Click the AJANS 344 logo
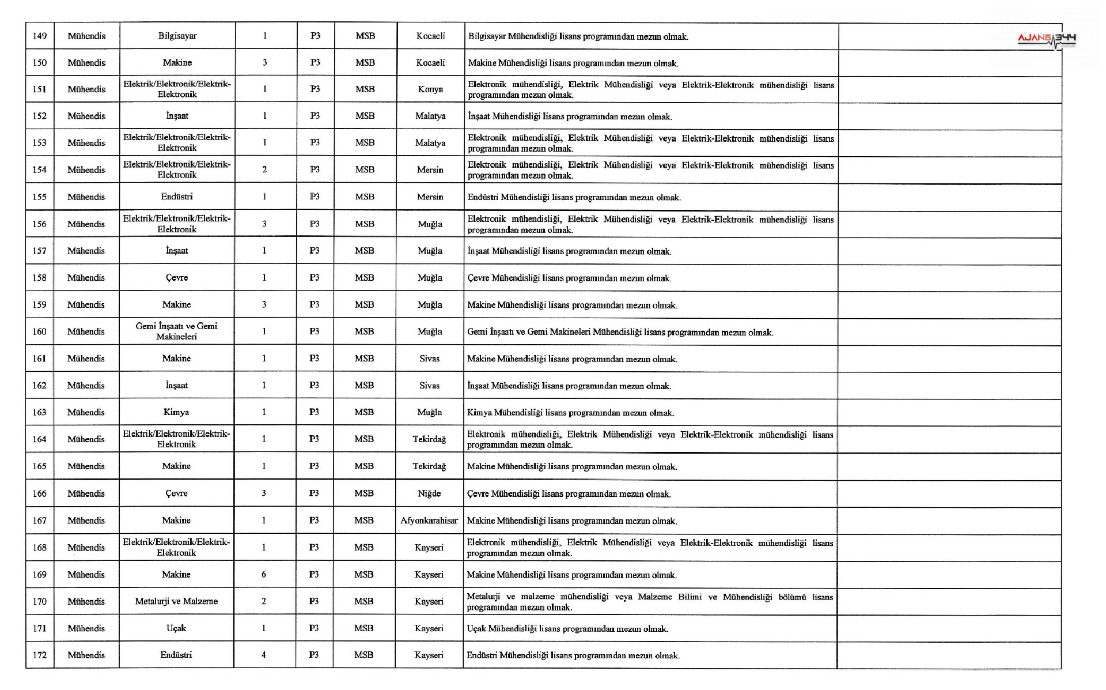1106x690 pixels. point(1047,39)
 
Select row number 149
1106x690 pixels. point(40,36)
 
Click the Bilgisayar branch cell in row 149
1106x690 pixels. point(177,36)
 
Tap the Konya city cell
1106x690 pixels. point(430,89)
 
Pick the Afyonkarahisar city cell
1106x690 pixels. point(429,521)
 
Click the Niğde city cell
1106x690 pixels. point(429,493)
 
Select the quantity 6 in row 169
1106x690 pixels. point(264,574)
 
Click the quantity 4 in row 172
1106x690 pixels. point(264,655)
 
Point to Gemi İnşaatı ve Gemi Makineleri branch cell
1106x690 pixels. point(176,331)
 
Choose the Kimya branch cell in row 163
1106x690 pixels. point(176,412)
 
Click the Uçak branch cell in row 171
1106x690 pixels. point(176,628)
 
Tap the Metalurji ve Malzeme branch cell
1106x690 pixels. point(176,601)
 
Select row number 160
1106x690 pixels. point(40,331)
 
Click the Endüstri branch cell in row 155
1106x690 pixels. point(177,197)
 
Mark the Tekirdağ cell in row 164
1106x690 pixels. point(429,439)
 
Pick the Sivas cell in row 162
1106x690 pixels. point(429,385)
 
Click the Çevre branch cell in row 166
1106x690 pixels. point(176,493)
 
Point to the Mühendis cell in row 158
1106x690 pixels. point(86,278)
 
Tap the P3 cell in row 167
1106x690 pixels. point(314,521)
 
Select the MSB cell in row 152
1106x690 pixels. point(365,116)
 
